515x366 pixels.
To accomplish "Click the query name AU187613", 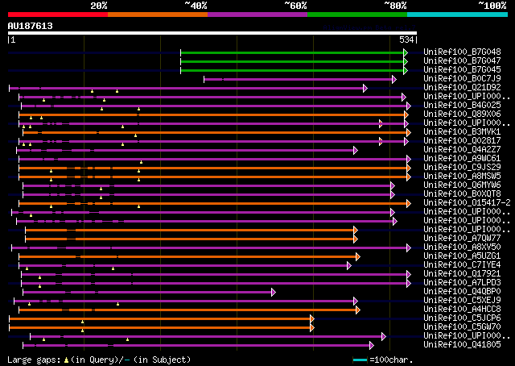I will tap(31, 26).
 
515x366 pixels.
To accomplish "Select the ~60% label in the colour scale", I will tap(295, 5).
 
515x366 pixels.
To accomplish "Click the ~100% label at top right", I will tap(492, 5).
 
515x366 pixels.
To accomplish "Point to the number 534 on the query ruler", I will tap(406, 40).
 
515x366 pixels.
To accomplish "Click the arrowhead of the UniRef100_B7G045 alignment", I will tap(406, 70).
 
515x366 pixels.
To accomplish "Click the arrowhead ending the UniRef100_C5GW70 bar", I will tap(311, 326).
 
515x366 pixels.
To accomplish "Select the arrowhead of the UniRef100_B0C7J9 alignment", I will tap(393, 79).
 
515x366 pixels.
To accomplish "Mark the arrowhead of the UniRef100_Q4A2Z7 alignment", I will tap(355, 150).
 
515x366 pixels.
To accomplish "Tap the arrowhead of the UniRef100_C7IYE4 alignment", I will tap(348, 264).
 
